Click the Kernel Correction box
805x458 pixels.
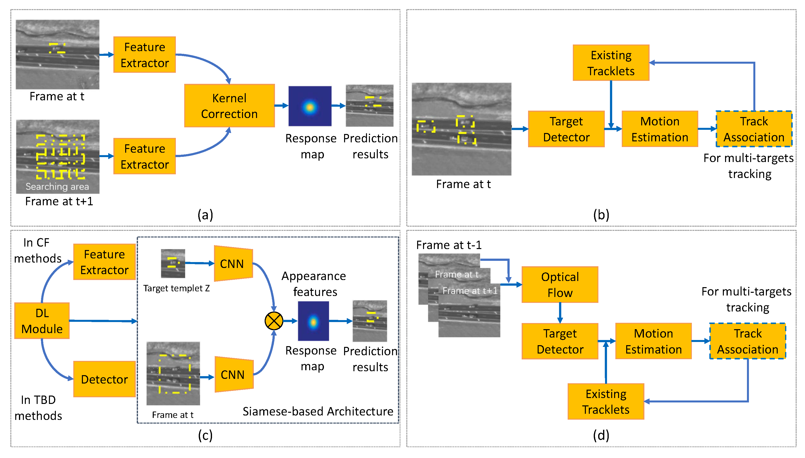click(229, 106)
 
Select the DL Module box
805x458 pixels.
click(42, 321)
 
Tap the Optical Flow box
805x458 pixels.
click(560, 285)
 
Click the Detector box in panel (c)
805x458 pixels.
click(104, 379)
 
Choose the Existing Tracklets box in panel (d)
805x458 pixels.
click(606, 401)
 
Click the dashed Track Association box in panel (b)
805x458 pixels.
click(754, 129)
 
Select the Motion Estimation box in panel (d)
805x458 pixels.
click(653, 341)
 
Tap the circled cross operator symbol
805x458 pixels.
click(274, 321)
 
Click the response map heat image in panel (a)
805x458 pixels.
click(310, 106)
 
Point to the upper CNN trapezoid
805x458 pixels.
click(233, 264)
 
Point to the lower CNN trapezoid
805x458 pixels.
click(233, 374)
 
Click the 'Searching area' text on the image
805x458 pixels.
click(57, 187)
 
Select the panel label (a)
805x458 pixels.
click(205, 215)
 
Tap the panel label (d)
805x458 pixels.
click(601, 435)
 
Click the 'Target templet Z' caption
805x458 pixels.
click(176, 288)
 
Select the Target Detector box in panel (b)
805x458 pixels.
click(566, 129)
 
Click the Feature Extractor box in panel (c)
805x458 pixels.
click(104, 262)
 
